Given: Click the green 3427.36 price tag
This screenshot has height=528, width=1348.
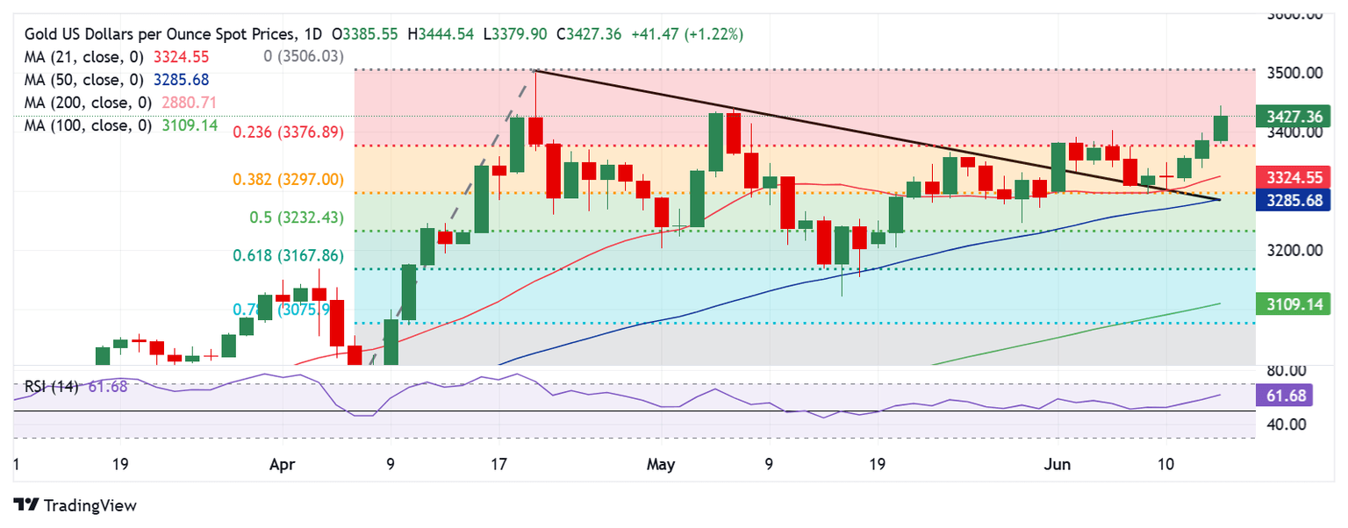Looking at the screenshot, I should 1294,116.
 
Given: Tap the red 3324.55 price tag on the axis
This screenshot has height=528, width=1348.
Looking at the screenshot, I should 1294,177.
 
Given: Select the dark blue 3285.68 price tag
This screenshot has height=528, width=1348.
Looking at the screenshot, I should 1294,200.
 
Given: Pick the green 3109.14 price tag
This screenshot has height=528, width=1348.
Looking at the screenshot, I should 1294,303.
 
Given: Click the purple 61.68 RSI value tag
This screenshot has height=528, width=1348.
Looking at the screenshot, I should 1287,396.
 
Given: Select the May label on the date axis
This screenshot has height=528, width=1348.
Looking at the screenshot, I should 661,463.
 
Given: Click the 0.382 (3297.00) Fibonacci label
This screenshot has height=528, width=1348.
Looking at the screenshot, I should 288,179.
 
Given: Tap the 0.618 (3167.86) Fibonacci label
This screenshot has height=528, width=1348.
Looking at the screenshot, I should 288,256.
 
